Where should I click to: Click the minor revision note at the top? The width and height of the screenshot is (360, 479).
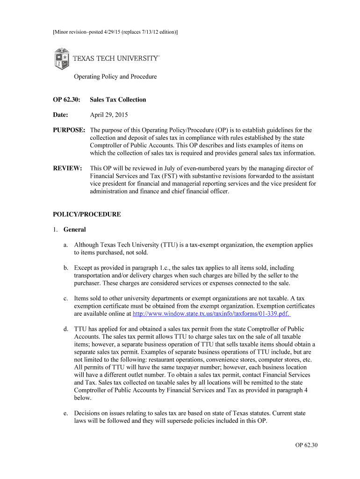115,32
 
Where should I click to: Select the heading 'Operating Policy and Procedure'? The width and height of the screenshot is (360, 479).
115,77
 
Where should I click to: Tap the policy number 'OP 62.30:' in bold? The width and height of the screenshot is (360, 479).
66,100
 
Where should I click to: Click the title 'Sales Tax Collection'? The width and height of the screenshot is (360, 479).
118,100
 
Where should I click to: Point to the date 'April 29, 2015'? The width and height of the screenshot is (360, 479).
109,115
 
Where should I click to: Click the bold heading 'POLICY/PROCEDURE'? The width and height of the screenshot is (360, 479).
87,214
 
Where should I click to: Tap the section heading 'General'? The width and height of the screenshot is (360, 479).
75,230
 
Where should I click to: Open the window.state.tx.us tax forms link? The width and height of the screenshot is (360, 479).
212,313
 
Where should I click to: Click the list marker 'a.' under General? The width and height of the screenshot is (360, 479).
66,245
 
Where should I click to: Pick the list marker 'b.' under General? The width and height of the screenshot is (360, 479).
66,268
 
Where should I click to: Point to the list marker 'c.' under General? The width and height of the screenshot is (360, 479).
66,298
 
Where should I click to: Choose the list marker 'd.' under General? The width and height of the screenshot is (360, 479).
66,329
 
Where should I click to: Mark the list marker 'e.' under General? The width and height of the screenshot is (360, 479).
66,414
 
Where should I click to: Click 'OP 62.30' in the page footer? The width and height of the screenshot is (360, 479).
306,445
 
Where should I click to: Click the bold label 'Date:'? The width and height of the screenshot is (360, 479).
60,115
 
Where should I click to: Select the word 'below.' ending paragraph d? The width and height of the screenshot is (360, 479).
83,398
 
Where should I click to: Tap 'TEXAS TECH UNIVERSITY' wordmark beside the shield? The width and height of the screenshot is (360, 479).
116,58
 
